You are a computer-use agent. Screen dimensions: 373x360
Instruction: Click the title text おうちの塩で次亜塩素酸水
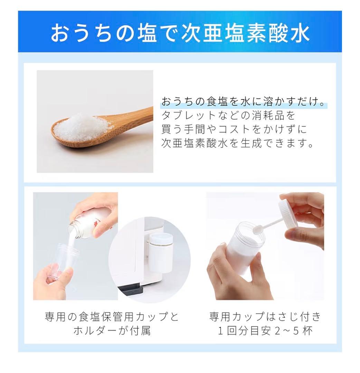[180, 32]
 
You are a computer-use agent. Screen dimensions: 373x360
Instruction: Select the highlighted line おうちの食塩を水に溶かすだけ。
[244, 102]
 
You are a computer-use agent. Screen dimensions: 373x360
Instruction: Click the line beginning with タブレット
[229, 115]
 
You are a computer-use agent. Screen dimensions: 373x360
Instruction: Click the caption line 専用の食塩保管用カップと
[112, 317]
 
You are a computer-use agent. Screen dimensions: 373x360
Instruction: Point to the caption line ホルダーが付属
[112, 331]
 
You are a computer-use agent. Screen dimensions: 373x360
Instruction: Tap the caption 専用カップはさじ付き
[265, 317]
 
